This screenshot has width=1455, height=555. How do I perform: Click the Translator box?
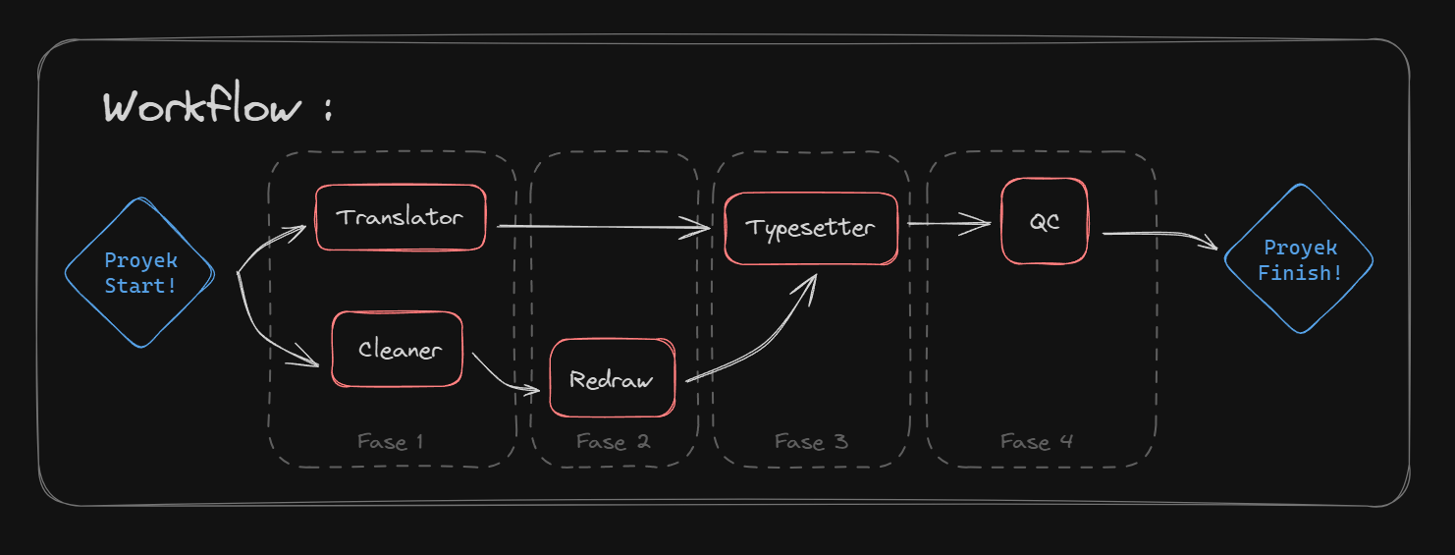pyautogui.click(x=401, y=217)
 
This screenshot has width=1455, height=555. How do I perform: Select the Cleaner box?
pyautogui.click(x=397, y=350)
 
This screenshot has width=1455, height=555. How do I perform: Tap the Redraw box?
pyautogui.click(x=612, y=377)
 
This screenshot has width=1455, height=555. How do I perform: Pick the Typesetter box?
pyautogui.click(x=811, y=228)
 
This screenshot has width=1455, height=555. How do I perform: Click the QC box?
pyautogui.click(x=1045, y=221)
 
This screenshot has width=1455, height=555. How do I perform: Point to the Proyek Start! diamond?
pyautogui.click(x=140, y=272)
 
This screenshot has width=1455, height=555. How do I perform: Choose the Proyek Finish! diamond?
pyautogui.click(x=1299, y=259)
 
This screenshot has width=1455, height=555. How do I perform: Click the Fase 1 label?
pyautogui.click(x=391, y=442)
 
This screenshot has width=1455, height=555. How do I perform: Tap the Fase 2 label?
pyautogui.click(x=613, y=442)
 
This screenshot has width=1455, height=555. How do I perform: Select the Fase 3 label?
pyautogui.click(x=811, y=442)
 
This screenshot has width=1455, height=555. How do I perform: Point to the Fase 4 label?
pyautogui.click(x=1037, y=442)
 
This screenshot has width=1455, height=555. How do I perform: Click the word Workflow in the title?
pyautogui.click(x=202, y=103)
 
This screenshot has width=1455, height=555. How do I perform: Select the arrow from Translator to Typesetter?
pyautogui.click(x=604, y=227)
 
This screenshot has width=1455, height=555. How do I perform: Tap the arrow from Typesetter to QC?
pyautogui.click(x=949, y=224)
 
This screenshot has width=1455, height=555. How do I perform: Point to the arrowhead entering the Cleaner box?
pyautogui.click(x=305, y=359)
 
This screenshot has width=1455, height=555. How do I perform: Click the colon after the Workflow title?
pyautogui.click(x=328, y=108)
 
